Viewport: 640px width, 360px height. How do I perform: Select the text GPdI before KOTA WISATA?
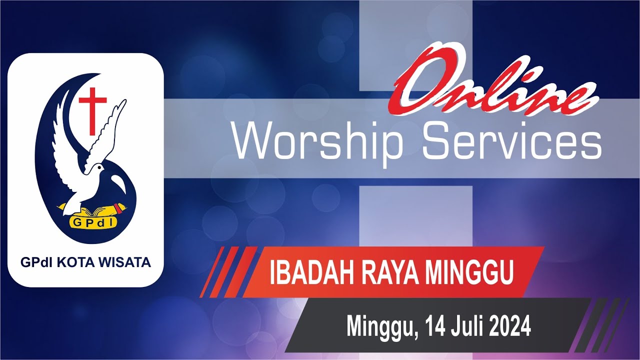32,262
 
